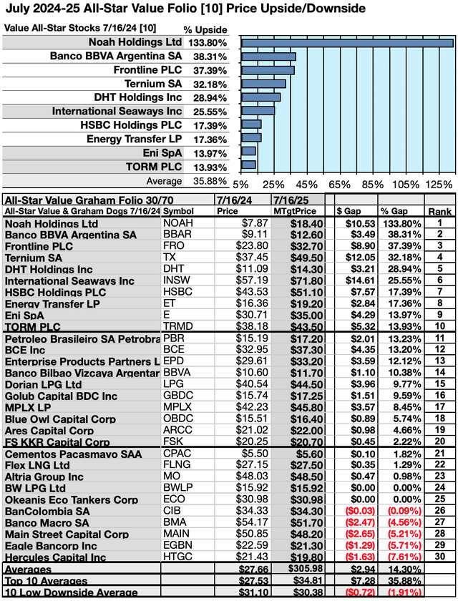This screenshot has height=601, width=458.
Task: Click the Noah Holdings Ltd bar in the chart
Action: coord(347,43)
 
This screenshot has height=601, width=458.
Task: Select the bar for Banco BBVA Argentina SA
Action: coord(268,57)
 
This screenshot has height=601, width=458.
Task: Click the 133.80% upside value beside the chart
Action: coord(206,43)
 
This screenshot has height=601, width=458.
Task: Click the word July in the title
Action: coord(19,9)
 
